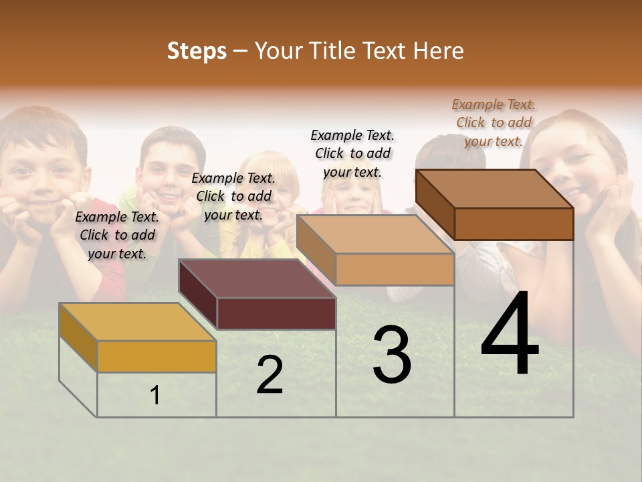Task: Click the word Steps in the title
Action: click(196, 51)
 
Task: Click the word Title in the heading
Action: click(334, 51)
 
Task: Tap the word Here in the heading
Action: click(438, 51)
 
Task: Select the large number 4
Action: click(510, 335)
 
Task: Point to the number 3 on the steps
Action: click(391, 355)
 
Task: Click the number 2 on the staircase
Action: click(270, 375)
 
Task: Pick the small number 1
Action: click(154, 395)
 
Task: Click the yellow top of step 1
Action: click(137, 321)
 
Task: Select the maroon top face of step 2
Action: click(257, 278)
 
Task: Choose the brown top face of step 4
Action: click(495, 189)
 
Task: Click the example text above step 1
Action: click(117, 235)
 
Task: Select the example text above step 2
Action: click(233, 196)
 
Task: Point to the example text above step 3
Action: click(352, 153)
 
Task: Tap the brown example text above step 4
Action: click(494, 123)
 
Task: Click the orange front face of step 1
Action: click(156, 356)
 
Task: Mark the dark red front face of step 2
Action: click(276, 313)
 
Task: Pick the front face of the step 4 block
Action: click(514, 224)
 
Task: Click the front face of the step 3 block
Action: click(395, 269)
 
